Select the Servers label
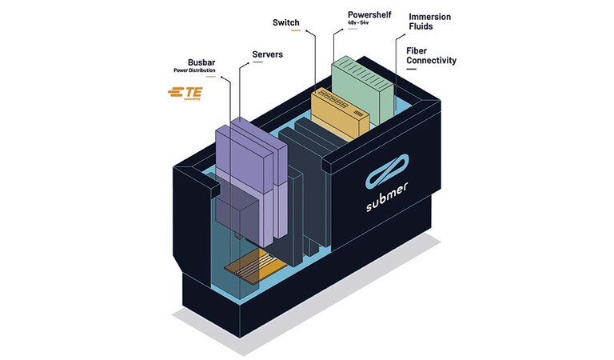click(268, 54)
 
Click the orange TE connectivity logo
click(184, 94)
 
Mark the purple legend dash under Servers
click(257, 63)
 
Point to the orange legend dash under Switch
click(296, 31)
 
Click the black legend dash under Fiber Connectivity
click(412, 70)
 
